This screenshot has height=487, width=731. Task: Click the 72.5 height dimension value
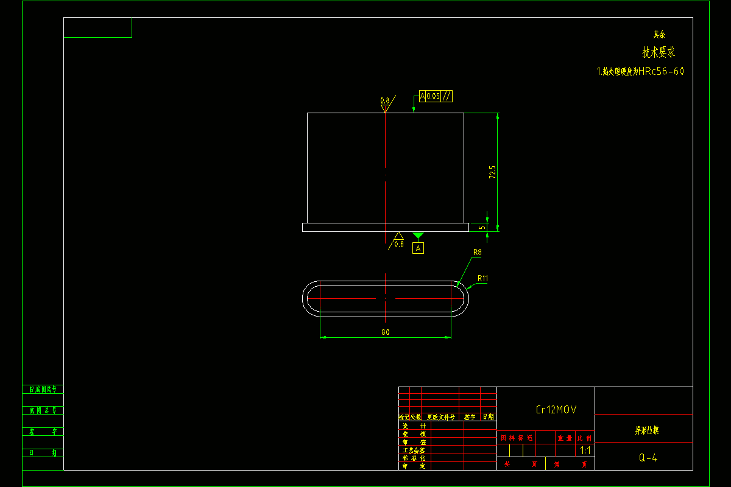(492, 172)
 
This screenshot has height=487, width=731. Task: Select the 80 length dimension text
(385, 332)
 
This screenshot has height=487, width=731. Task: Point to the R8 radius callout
(478, 251)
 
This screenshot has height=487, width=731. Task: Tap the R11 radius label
(483, 278)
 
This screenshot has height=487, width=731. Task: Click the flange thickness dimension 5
(481, 227)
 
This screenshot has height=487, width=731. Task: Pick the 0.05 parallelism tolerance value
(433, 96)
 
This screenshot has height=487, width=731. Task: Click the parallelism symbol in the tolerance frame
(447, 96)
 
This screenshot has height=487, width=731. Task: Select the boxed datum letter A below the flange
(418, 248)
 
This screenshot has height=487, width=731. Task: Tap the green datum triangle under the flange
(418, 236)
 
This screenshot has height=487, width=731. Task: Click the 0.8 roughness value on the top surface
(385, 100)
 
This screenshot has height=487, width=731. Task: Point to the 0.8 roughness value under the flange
(399, 244)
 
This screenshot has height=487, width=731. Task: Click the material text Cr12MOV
(556, 410)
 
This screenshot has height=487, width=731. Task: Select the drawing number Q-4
(648, 458)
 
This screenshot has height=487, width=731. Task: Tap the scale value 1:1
(585, 451)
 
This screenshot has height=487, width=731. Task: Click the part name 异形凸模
(647, 430)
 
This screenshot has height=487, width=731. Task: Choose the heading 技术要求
(659, 53)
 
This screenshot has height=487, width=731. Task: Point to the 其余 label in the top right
(660, 35)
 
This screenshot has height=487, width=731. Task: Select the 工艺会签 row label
(414, 450)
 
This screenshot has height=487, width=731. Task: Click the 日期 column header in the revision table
(489, 418)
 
